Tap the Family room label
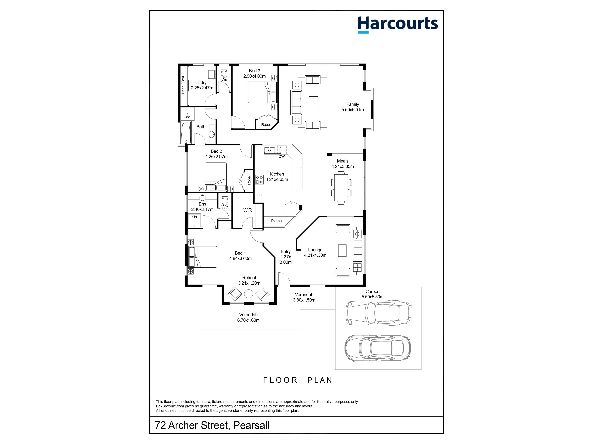pyautogui.click(x=353, y=104)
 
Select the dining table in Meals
pyautogui.click(x=341, y=188)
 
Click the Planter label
pyautogui.click(x=277, y=221)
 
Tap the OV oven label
pyautogui.click(x=259, y=196)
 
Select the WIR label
pyautogui.click(x=247, y=210)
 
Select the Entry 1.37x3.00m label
pyautogui.click(x=286, y=257)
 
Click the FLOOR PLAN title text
pyautogui.click(x=298, y=380)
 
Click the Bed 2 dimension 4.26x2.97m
pyautogui.click(x=216, y=157)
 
